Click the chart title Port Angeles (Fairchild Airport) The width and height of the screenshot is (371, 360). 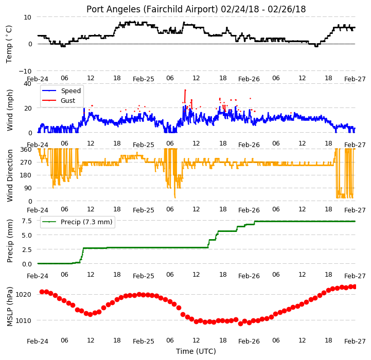(152, 9)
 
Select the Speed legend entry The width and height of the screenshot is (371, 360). (61, 91)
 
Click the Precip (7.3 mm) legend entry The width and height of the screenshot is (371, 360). (77, 222)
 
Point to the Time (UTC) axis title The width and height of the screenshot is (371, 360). (196, 351)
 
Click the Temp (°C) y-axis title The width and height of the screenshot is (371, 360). (9, 44)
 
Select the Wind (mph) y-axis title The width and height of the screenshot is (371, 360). (10, 110)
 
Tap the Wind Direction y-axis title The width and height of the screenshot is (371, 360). (10, 175)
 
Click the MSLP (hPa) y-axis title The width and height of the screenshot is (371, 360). (10, 307)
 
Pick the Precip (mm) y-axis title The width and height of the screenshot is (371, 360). (10, 241)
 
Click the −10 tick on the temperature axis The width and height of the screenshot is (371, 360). (25, 71)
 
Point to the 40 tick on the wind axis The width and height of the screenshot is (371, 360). (27, 84)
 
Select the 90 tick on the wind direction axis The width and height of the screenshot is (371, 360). (28, 188)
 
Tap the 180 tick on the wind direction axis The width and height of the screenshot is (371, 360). (26, 175)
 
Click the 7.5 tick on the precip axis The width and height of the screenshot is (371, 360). (27, 221)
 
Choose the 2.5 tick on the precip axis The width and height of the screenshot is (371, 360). (27, 249)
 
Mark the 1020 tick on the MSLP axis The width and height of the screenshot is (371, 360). (24, 295)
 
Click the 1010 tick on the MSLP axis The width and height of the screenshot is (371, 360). (24, 320)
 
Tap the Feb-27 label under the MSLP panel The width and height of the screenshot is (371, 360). (355, 341)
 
